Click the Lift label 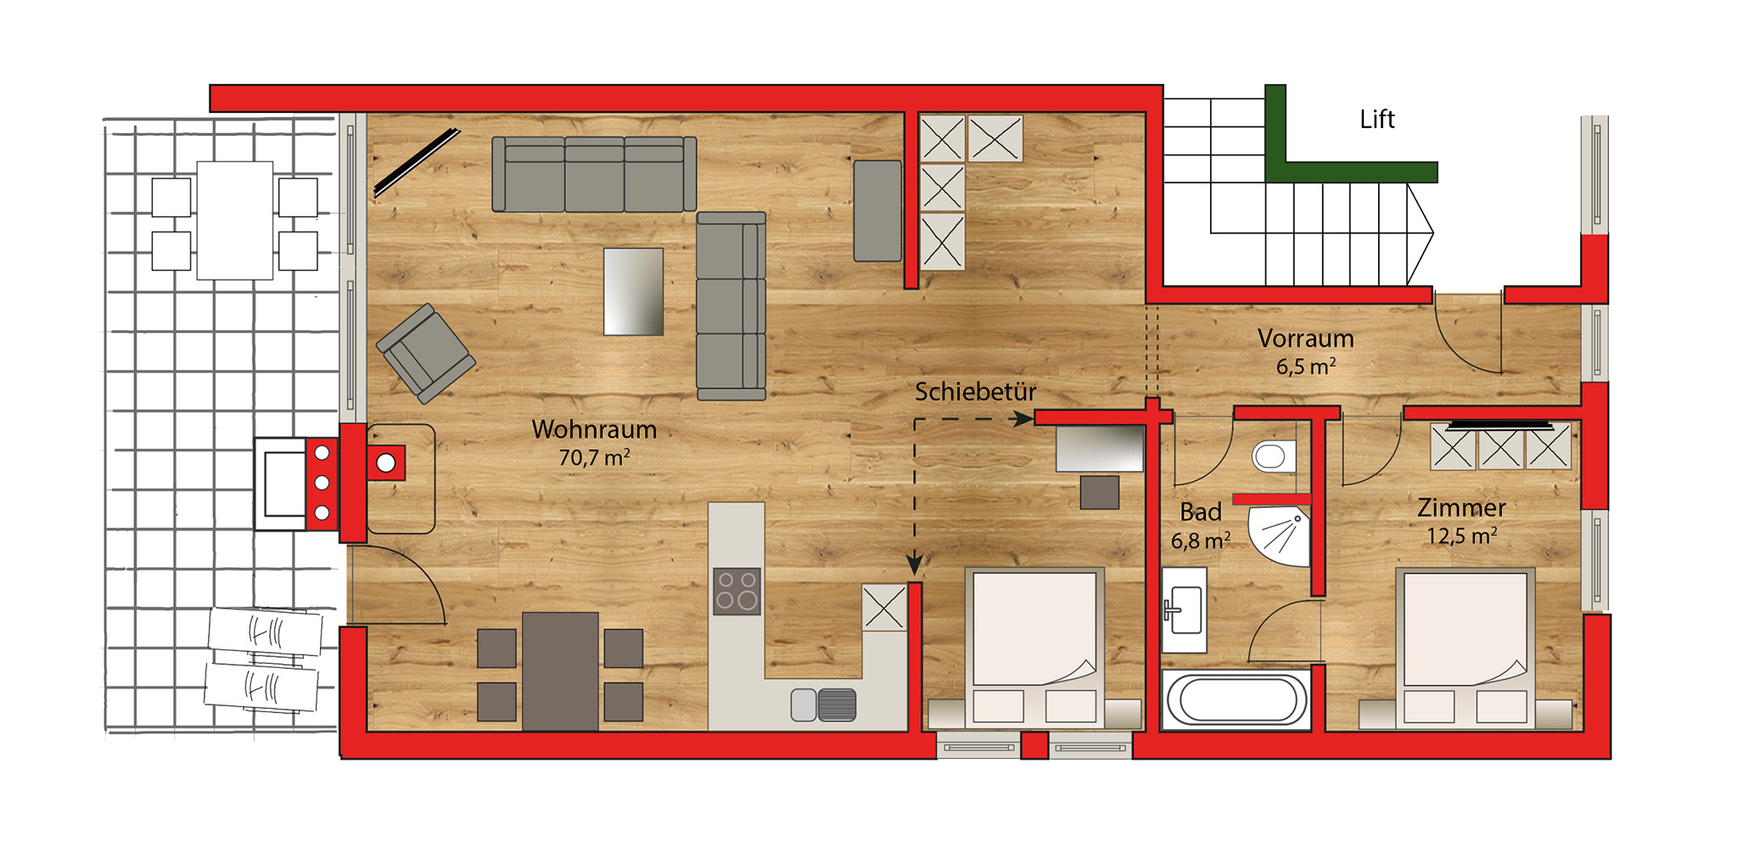tap(1376, 120)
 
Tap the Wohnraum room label tap(594, 430)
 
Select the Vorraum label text tap(1305, 339)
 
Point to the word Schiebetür tap(975, 392)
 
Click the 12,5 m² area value tap(1461, 536)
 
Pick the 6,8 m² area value tap(1200, 541)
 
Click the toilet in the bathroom tap(1274, 457)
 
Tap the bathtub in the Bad tap(1236, 700)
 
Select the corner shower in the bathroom tap(1281, 536)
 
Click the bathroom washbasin tap(1184, 610)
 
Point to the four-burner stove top tap(737, 591)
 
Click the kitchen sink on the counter tap(823, 705)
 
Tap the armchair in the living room tap(426, 353)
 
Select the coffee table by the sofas tap(633, 291)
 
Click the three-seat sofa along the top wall tap(594, 174)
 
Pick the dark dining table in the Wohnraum tap(560, 671)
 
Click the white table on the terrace tap(235, 221)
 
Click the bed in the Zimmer tap(1466, 649)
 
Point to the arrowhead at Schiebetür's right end tap(1024, 418)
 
